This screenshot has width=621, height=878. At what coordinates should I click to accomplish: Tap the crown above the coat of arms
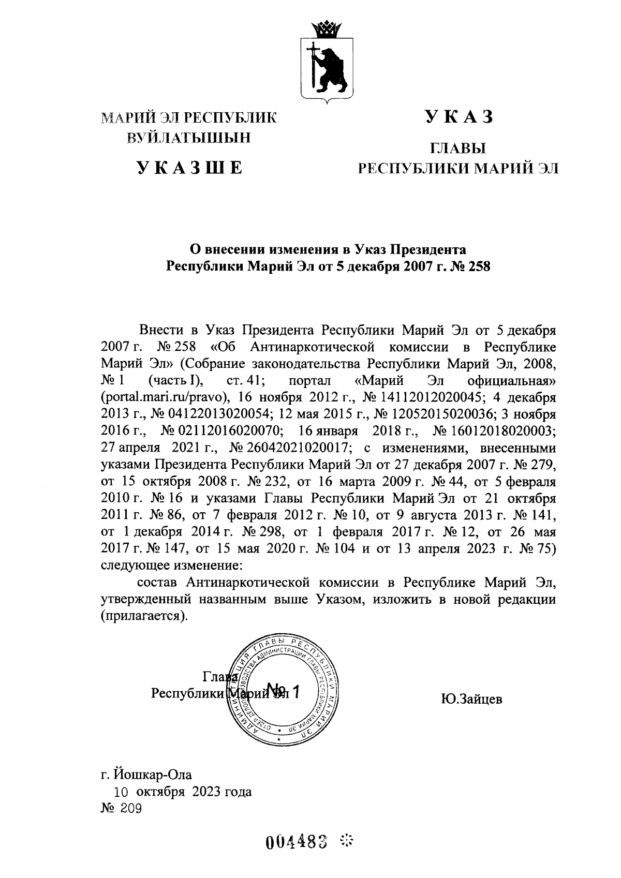pos(328,29)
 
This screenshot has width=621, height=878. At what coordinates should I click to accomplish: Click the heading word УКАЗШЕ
pos(189,168)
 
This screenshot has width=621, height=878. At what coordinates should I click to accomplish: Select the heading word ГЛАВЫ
pos(459,150)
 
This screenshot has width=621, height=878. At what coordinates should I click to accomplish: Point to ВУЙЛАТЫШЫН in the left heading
pos(189,137)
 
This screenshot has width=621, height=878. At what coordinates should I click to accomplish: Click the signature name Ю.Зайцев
pos(471,700)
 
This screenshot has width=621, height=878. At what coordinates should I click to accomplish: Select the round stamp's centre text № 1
pos(282,691)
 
